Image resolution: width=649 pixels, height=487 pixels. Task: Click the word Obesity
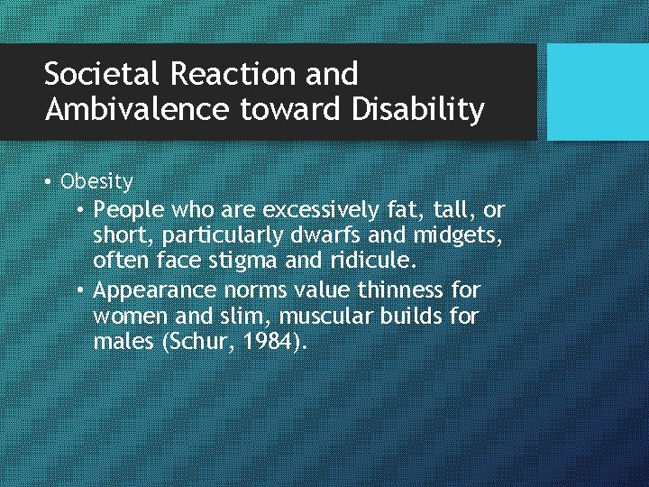pos(96,182)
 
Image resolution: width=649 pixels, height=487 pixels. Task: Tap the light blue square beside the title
pos(598,92)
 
